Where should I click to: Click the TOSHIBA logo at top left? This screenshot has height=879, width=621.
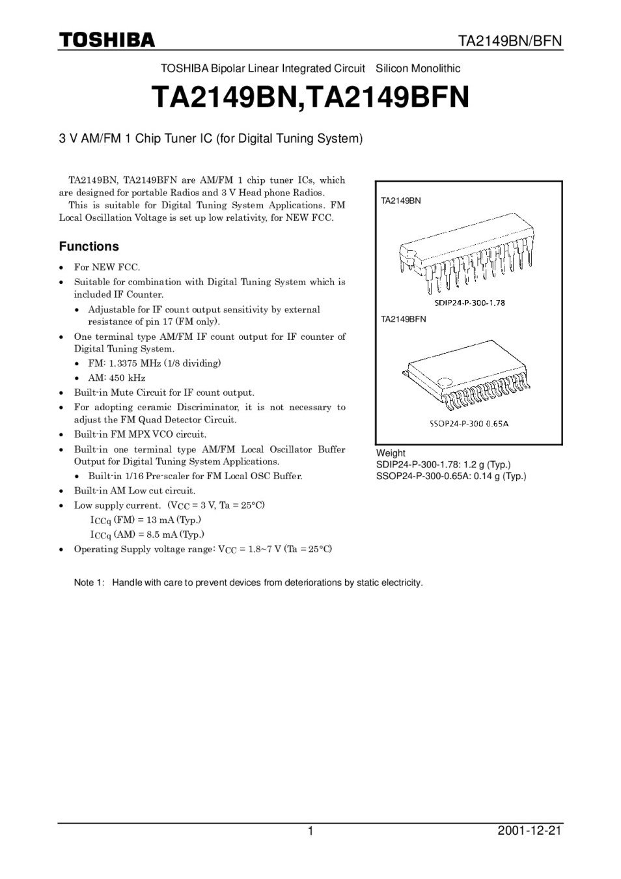(x=107, y=40)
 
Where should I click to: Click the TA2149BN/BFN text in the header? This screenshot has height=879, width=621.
(x=510, y=42)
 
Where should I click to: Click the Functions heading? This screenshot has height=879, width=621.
(x=89, y=246)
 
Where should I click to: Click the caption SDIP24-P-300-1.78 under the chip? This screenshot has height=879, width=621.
(x=469, y=303)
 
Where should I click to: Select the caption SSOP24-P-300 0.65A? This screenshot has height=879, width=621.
(x=469, y=423)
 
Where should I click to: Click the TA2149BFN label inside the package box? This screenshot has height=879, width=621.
(x=404, y=319)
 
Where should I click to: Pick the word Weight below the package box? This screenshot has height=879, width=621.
(x=391, y=453)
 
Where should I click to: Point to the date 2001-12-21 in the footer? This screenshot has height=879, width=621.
(x=529, y=831)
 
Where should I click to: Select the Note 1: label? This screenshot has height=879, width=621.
(x=89, y=582)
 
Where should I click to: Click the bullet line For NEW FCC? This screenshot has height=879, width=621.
(x=107, y=267)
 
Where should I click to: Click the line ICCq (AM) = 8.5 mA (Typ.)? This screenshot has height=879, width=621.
(x=147, y=535)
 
